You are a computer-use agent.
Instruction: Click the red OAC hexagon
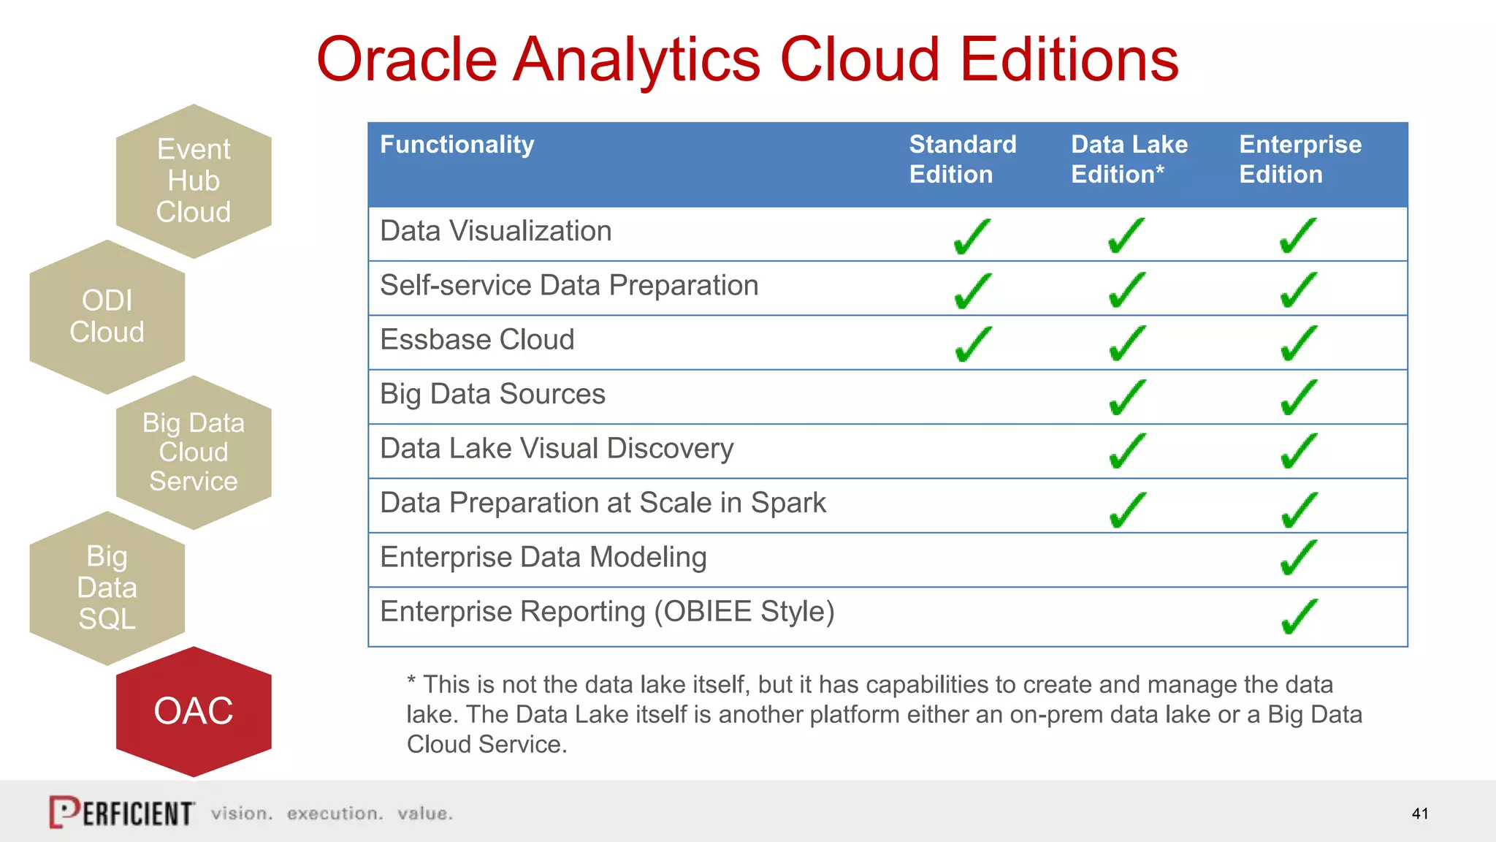[194, 711]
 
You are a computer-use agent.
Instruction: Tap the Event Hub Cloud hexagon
[194, 181]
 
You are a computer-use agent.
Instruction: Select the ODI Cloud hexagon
[107, 316]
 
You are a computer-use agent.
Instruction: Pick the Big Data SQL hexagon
[107, 588]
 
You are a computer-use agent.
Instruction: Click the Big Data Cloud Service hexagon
[194, 452]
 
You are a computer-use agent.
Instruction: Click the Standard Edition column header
[962, 159]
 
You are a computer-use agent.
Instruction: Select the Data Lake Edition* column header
[1129, 159]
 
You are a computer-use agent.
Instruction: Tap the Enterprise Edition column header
[1300, 159]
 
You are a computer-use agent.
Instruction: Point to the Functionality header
[457, 145]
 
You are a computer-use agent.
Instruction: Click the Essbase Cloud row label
[477, 340]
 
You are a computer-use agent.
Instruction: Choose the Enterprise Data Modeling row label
[543, 558]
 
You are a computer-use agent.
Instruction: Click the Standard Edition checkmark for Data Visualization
[972, 236]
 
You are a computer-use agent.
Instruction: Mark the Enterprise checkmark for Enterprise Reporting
[1300, 616]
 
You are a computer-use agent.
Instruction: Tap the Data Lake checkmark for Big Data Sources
[1127, 397]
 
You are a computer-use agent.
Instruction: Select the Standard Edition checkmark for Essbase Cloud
[973, 344]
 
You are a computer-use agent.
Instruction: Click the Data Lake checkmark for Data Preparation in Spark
[1127, 509]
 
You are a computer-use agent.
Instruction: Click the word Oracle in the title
[406, 60]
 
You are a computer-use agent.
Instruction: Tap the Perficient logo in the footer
[122, 812]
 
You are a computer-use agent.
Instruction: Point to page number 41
[1420, 813]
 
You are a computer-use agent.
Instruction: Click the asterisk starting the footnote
[411, 680]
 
